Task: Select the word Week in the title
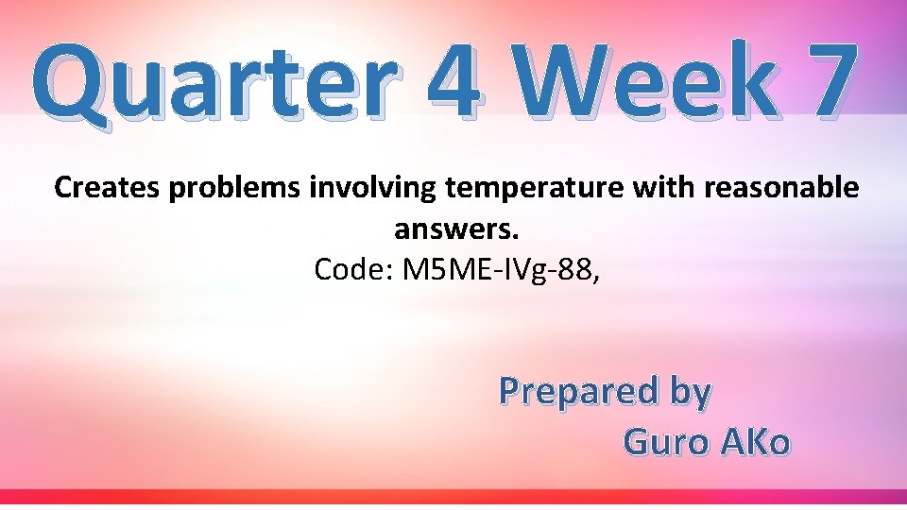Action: pyautogui.click(x=642, y=83)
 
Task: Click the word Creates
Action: pyautogui.click(x=108, y=188)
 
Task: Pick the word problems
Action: pyautogui.click(x=236, y=189)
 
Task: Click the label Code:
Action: pyautogui.click(x=354, y=270)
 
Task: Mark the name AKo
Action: pyautogui.click(x=755, y=441)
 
